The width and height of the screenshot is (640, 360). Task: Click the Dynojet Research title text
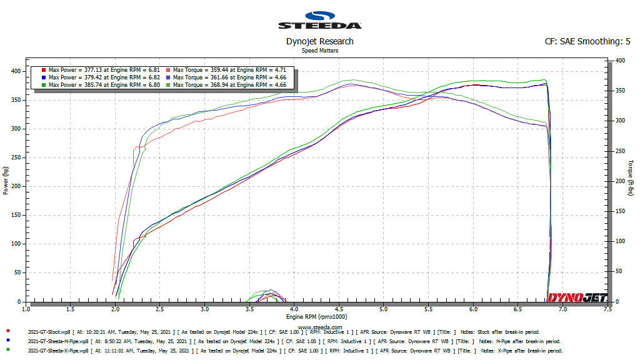point(319,41)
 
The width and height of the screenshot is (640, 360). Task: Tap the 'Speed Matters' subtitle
point(319,50)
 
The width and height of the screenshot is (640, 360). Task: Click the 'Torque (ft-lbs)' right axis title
point(632,177)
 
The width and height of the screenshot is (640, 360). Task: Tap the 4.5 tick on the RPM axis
point(339,309)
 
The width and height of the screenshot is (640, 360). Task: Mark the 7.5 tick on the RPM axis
point(607,309)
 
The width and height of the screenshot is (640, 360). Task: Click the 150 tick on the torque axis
point(620,211)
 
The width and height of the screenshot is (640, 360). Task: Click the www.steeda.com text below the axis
point(320,327)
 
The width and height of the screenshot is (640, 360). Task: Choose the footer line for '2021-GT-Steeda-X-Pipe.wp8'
point(281,351)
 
